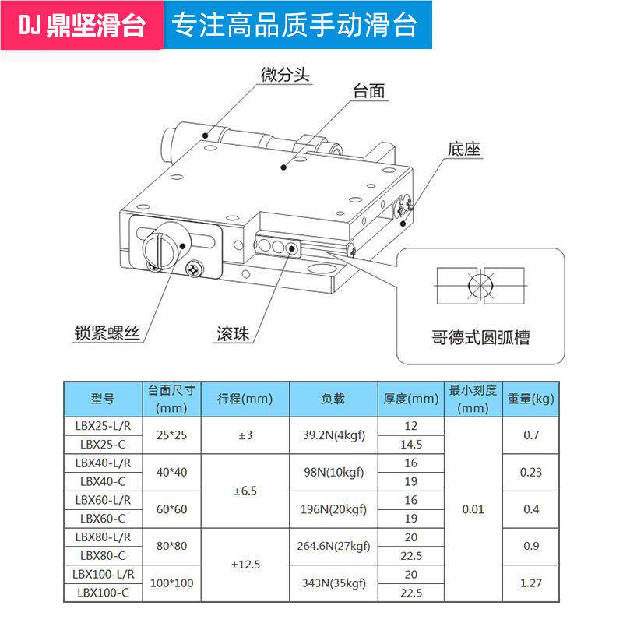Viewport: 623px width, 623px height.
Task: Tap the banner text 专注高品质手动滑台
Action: (294, 26)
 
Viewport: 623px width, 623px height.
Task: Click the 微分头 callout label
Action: (286, 75)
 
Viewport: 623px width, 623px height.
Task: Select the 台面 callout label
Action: (369, 91)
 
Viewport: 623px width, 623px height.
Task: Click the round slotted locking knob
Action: (165, 245)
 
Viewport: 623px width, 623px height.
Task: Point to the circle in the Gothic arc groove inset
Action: (480, 287)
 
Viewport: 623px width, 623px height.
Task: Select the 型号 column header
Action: (102, 399)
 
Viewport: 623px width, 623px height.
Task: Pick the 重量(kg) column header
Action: (531, 399)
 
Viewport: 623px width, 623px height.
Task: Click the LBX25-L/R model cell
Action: (102, 426)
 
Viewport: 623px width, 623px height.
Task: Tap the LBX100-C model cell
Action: (102, 593)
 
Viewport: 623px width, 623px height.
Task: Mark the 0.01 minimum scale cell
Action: (473, 509)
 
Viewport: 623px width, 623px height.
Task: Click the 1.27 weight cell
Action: (531, 583)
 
